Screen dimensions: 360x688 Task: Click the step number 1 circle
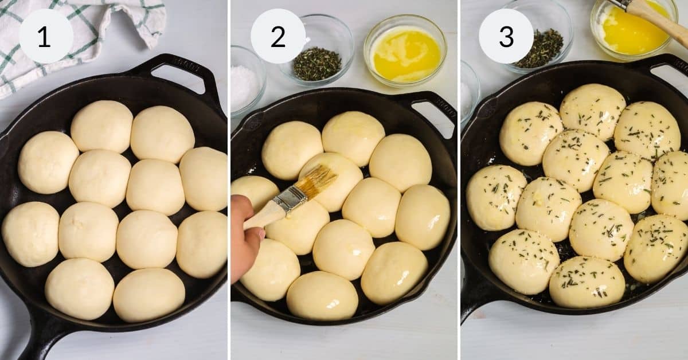pos(45,36)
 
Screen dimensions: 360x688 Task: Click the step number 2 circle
pos(278,36)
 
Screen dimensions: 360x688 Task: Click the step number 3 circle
pos(506,36)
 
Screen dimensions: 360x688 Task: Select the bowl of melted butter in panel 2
pos(405,52)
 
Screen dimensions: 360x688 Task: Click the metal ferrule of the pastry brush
pos(290,198)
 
